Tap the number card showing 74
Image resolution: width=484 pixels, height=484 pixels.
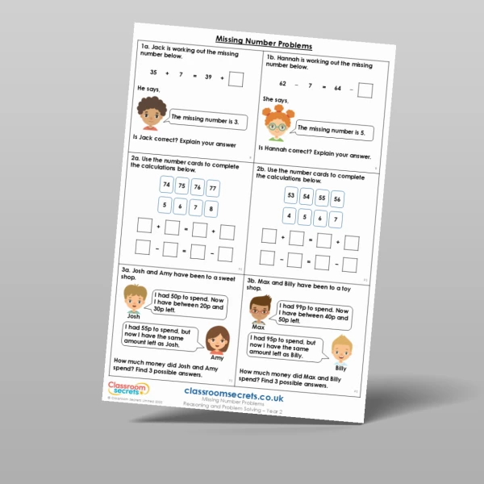click(166, 185)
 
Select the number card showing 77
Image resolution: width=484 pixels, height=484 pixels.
click(212, 190)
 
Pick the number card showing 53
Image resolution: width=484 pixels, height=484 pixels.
click(291, 195)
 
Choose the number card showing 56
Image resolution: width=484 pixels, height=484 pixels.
click(337, 200)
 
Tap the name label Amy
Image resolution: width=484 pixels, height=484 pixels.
click(216, 356)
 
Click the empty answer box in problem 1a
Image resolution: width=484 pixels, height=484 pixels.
click(236, 78)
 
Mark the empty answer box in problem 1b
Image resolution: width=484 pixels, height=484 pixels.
click(365, 89)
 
